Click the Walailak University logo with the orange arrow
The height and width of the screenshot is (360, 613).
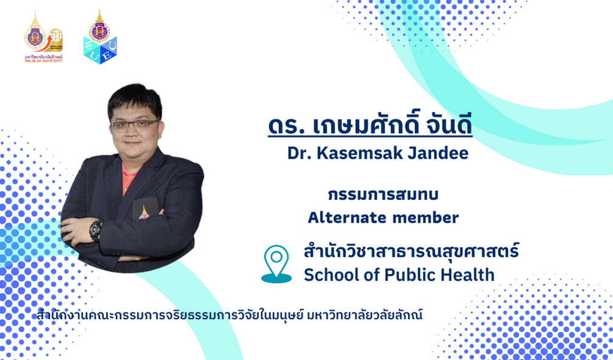click(43, 37)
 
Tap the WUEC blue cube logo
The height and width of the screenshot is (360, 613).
click(100, 37)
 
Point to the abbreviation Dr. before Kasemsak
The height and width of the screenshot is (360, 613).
click(300, 153)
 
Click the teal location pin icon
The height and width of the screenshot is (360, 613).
click(277, 264)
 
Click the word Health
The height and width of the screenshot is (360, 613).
click(468, 275)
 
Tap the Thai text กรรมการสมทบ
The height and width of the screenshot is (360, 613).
click(383, 194)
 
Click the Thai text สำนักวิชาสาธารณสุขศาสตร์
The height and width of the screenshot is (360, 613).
click(412, 251)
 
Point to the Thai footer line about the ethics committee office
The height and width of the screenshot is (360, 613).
click(230, 315)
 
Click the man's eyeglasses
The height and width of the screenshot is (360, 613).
click(136, 125)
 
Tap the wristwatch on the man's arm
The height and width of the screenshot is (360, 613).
click(96, 230)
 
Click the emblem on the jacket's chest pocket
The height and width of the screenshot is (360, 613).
click(144, 212)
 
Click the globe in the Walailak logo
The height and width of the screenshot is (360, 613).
click(56, 37)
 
